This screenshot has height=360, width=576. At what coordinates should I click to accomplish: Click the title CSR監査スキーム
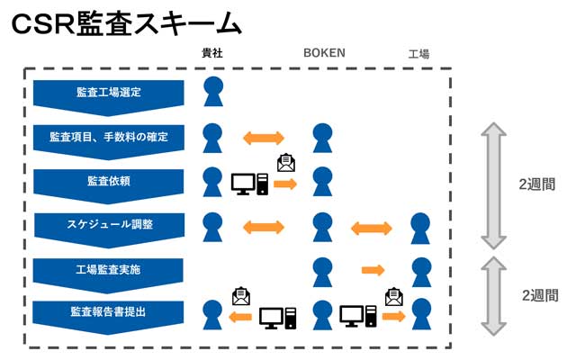pyautogui.click(x=126, y=24)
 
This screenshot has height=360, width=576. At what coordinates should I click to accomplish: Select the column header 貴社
pyautogui.click(x=211, y=54)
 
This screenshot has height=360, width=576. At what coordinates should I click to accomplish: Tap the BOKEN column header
pyautogui.click(x=323, y=54)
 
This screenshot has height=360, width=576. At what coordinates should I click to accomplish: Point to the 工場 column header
pyautogui.click(x=418, y=55)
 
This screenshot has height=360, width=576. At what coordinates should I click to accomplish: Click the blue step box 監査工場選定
pyautogui.click(x=109, y=93)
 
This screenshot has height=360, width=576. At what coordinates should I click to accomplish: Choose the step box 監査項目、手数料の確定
pyautogui.click(x=109, y=138)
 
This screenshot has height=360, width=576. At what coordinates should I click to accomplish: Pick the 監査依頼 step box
pyautogui.click(x=109, y=182)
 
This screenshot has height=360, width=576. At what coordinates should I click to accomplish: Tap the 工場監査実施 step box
pyautogui.click(x=109, y=270)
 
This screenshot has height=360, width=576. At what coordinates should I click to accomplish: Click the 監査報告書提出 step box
pyautogui.click(x=109, y=313)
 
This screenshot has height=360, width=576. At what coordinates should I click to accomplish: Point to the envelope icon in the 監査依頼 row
pyautogui.click(x=285, y=163)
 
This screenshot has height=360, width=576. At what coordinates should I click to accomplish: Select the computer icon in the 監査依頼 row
pyautogui.click(x=249, y=184)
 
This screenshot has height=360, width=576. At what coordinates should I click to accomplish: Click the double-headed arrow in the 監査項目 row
pyautogui.click(x=264, y=138)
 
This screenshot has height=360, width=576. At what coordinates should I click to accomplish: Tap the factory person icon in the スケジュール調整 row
pyautogui.click(x=419, y=227)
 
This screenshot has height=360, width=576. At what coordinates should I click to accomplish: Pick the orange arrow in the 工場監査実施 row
pyautogui.click(x=373, y=270)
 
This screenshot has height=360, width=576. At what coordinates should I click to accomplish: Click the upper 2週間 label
pyautogui.click(x=536, y=184)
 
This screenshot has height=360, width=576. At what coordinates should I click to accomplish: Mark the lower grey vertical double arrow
pyautogui.click(x=494, y=294)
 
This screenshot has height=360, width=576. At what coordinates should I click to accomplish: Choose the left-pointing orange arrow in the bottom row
pyautogui.click(x=240, y=317)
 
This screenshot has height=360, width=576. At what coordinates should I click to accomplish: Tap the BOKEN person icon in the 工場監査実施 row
pyautogui.click(x=323, y=270)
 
